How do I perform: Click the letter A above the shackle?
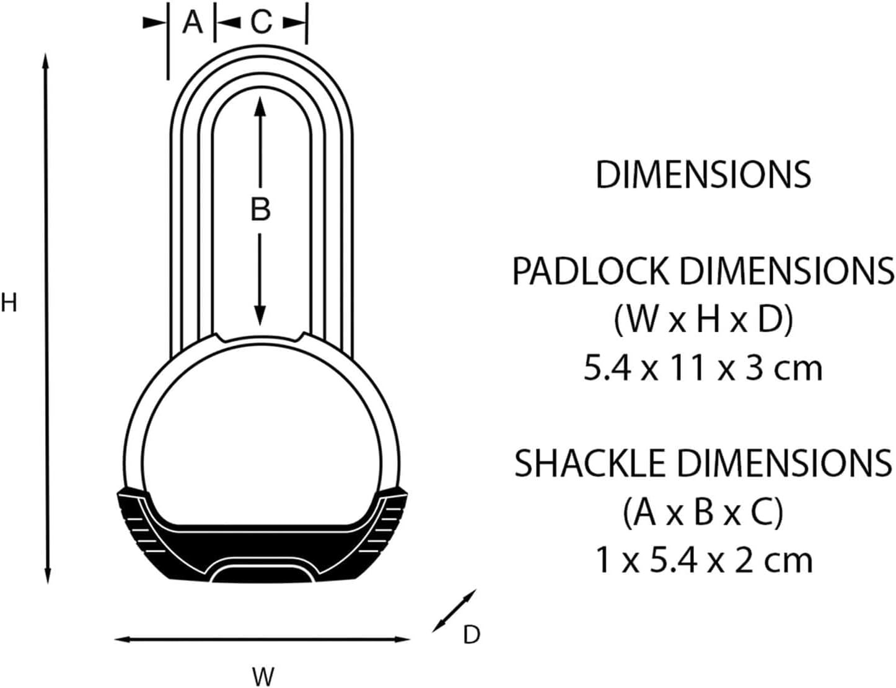[193, 23]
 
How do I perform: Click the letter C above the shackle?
[261, 23]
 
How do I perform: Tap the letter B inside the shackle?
[260, 209]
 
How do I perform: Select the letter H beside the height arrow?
[9, 303]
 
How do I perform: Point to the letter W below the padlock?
[263, 676]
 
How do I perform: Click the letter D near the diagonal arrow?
[472, 635]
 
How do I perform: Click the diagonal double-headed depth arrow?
[454, 611]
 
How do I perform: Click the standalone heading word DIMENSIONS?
[703, 175]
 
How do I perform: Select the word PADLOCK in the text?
[591, 271]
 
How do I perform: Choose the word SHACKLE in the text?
[591, 463]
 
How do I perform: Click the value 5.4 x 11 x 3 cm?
[703, 368]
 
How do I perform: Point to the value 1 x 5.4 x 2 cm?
[703, 560]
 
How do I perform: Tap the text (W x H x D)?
[703, 320]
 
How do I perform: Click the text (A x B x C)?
[703, 512]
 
